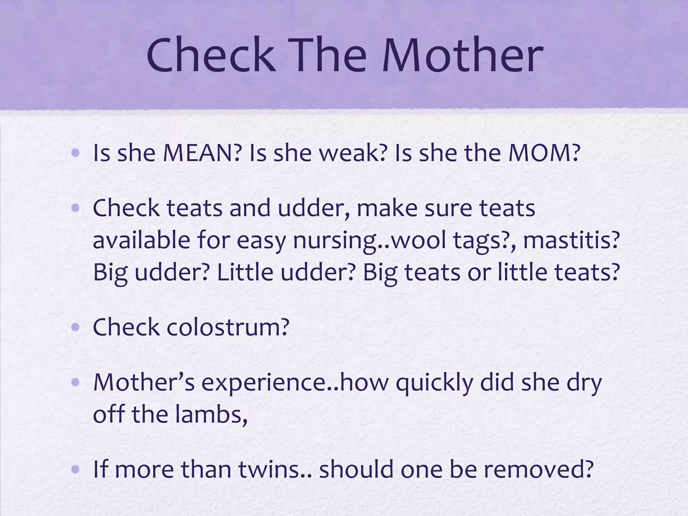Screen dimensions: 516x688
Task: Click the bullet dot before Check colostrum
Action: click(76, 328)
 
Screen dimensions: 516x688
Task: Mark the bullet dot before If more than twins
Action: click(76, 470)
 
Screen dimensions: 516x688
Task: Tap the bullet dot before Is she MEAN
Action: click(76, 154)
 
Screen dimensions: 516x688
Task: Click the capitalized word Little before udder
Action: click(245, 272)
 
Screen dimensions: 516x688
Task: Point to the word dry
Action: click(584, 383)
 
